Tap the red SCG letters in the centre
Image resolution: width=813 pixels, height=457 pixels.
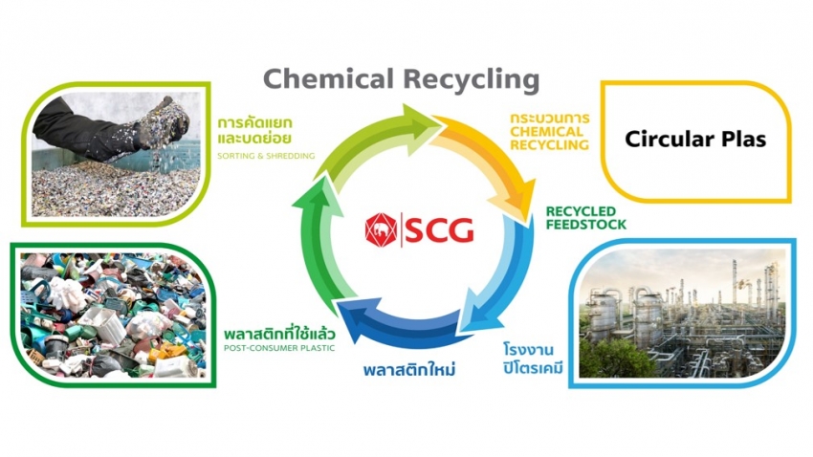437,229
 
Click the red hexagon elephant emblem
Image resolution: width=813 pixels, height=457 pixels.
380,229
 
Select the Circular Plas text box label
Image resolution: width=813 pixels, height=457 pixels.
695,140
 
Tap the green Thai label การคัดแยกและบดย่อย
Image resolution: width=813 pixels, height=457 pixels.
253,131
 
